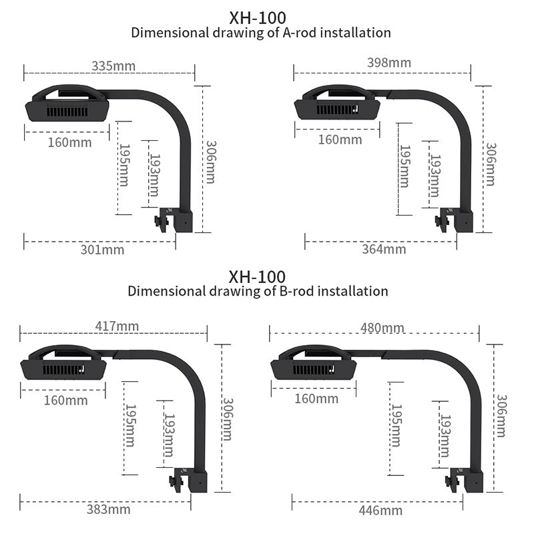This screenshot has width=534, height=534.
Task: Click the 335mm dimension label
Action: coord(113,65)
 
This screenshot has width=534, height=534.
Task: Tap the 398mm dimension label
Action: coord(389,63)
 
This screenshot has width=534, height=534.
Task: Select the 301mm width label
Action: coord(102,250)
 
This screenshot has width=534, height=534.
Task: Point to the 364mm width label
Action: coord(384,249)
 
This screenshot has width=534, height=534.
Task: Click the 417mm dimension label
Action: coord(117,326)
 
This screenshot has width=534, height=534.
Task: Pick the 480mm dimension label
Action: coord(382,328)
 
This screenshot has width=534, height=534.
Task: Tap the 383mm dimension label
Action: coord(108,509)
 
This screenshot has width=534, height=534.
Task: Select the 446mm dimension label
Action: coord(380,511)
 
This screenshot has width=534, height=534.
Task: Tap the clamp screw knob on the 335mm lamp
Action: coord(158,222)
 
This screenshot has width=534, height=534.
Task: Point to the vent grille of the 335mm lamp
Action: coord(67,112)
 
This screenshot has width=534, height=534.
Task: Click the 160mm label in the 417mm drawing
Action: coord(65,400)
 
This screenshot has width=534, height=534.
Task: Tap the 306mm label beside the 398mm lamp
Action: coord(491,164)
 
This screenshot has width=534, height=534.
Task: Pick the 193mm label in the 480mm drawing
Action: coord(445,435)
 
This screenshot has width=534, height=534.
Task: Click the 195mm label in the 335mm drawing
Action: coord(124,165)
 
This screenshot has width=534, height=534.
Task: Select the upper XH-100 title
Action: coord(258,18)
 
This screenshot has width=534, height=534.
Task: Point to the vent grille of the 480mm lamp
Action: coord(314,370)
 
